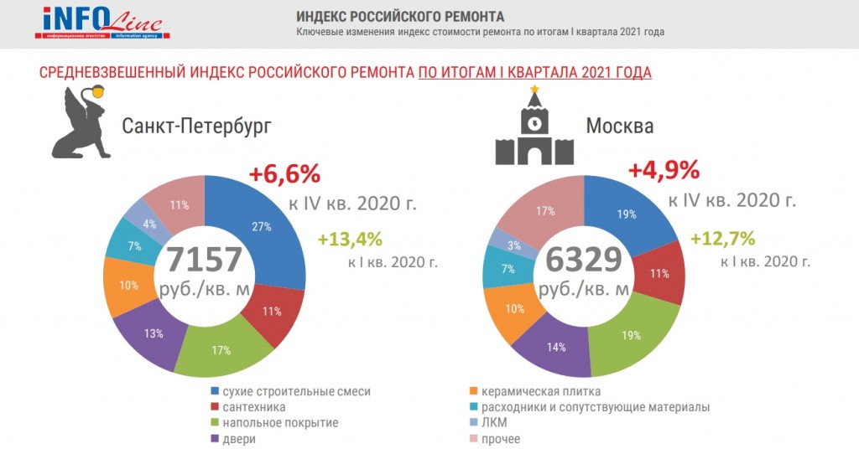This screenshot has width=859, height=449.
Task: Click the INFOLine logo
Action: tap(101, 23)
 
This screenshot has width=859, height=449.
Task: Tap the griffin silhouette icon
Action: tap(85, 124)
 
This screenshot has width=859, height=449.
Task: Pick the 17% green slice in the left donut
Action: tap(221, 350)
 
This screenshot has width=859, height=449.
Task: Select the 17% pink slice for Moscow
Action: tap(545, 211)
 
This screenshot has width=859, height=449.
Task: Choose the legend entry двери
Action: tap(239, 439)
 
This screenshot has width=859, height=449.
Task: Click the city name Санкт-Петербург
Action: tap(197, 127)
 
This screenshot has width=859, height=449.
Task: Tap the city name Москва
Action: tap(620, 127)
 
